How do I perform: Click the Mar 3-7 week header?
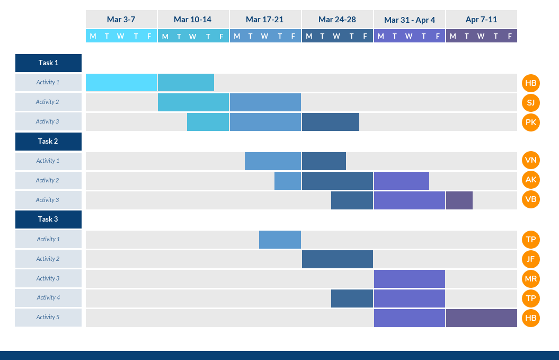coord(121,20)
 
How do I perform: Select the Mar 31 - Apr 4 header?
coord(410,20)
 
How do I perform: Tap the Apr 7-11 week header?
coord(481,20)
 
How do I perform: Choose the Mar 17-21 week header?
coord(265,20)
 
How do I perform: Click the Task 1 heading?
coord(48,63)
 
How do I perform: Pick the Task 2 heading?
coord(48,142)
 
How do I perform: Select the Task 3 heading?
coord(48,219)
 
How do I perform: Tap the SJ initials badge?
coord(530,102)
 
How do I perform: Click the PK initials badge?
coord(530,122)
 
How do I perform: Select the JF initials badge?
coord(530,259)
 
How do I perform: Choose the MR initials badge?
coord(530,279)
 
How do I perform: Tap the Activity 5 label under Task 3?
coord(48,318)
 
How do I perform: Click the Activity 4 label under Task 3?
coord(48,298)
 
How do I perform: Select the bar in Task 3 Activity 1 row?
coord(280,240)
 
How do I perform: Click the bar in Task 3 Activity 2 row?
coord(338,259)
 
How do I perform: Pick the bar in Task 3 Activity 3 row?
coord(410,279)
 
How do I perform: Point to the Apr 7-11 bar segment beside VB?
coord(459,200)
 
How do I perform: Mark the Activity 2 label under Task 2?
coord(48,181)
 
